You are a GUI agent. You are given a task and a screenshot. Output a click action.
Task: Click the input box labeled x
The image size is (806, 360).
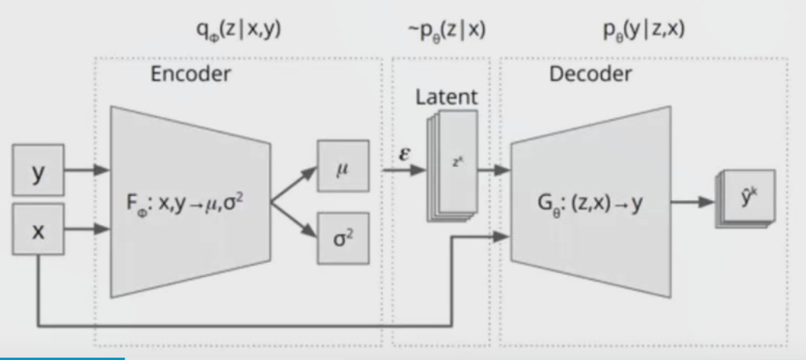[x=38, y=230]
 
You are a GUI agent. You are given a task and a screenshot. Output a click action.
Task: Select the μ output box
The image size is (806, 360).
[x=342, y=166]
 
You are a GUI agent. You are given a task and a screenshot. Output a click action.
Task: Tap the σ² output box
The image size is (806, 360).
[x=342, y=238]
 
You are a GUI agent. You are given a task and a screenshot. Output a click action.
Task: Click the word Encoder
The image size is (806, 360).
[x=191, y=75]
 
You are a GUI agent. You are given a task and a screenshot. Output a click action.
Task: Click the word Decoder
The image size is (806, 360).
[x=590, y=75]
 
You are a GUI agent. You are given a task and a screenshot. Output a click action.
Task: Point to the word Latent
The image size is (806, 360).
[x=446, y=97]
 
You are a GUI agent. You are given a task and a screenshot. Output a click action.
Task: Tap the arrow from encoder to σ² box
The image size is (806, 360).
[x=293, y=220]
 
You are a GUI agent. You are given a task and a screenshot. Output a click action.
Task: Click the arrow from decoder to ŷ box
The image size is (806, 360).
[x=694, y=202]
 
